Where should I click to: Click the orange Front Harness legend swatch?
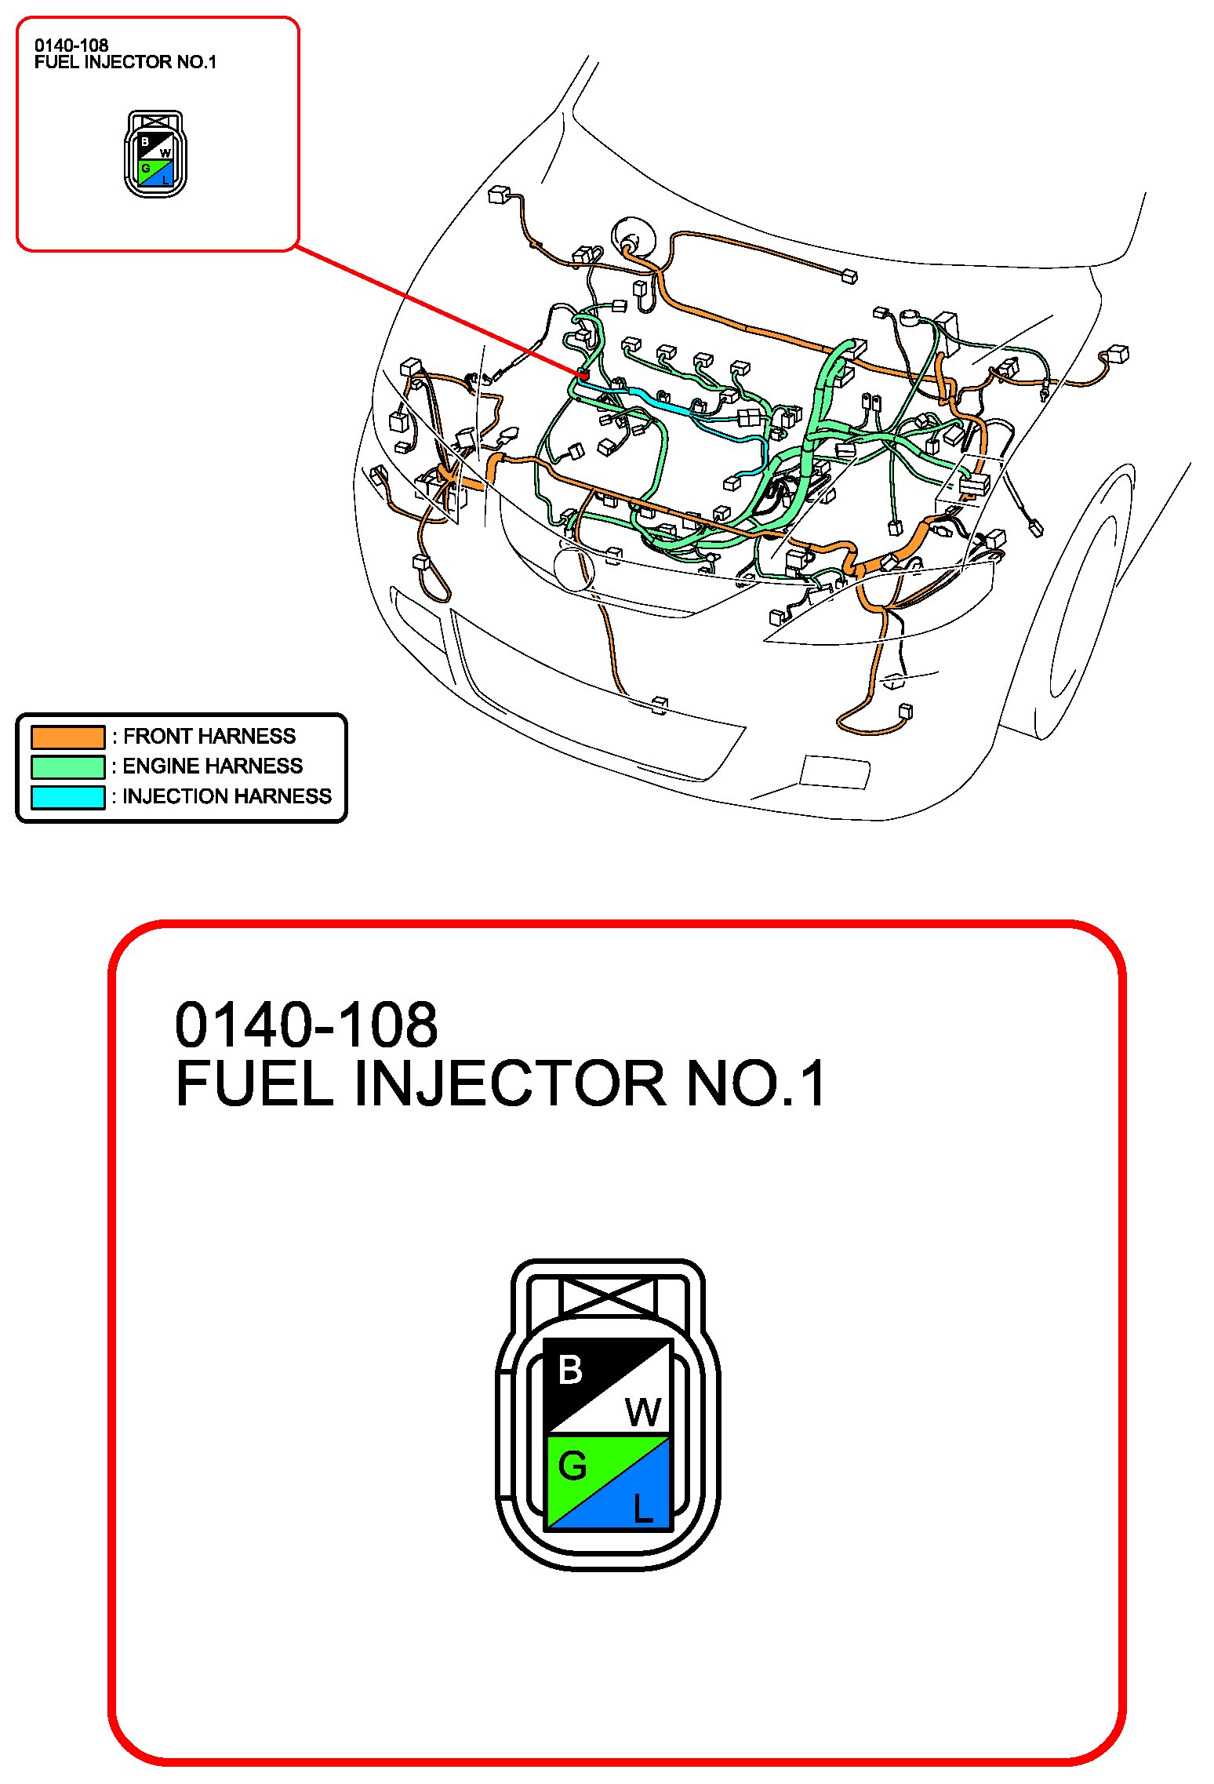(67, 737)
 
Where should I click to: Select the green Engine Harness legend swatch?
(67, 766)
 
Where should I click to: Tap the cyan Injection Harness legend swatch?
(67, 797)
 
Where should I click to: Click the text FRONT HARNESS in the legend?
(209, 736)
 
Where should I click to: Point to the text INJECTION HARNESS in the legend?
(227, 796)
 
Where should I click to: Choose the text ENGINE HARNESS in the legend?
(213, 766)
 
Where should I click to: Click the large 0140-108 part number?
(306, 1025)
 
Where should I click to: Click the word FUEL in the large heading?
(255, 1083)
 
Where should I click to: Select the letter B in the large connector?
(570, 1370)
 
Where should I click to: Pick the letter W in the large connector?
(643, 1413)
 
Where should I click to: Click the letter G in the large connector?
(572, 1465)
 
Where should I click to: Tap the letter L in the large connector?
(643, 1508)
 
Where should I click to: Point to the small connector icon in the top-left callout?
(156, 154)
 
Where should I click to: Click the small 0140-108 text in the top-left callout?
(71, 46)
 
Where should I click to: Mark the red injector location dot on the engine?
(584, 375)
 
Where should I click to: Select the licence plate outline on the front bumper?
(834, 771)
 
